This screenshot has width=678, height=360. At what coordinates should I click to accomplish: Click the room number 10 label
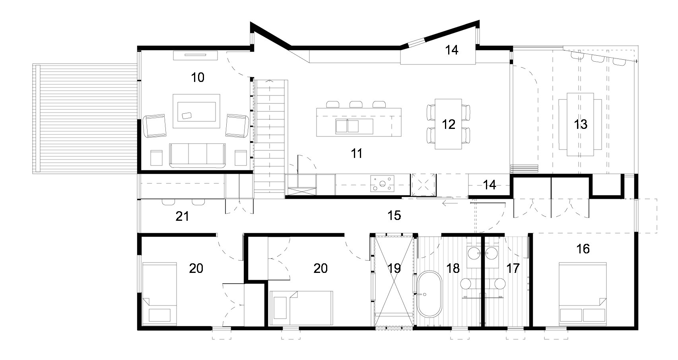coord(198,78)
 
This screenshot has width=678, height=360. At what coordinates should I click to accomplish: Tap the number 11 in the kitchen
coord(357,153)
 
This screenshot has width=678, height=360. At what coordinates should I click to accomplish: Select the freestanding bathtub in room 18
coord(429,294)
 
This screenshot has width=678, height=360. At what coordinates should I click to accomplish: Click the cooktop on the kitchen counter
coord(382,184)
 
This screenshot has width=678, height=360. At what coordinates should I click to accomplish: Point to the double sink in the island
coord(348,126)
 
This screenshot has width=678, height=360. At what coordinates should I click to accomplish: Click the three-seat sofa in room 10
coord(198,155)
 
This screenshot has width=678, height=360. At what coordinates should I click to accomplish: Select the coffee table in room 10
coord(196,111)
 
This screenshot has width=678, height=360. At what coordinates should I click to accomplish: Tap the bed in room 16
coord(583,294)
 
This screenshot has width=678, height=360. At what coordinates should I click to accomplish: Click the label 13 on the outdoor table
coord(580,125)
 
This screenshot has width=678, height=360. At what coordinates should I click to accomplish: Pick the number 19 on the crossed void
coord(394,269)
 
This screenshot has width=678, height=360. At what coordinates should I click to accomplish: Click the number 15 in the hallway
coord(394,216)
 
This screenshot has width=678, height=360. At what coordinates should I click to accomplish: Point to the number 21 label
coord(182,217)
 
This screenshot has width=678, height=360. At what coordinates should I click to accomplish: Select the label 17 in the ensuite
coord(513,269)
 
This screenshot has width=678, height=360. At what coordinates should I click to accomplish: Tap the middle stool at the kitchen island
coord(356,104)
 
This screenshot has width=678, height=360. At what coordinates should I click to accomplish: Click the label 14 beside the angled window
coord(452,50)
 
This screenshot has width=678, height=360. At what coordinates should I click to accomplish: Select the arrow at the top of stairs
coord(270,82)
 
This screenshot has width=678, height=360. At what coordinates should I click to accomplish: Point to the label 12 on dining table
coord(448,124)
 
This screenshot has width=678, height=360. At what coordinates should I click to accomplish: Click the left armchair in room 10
coord(154,126)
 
